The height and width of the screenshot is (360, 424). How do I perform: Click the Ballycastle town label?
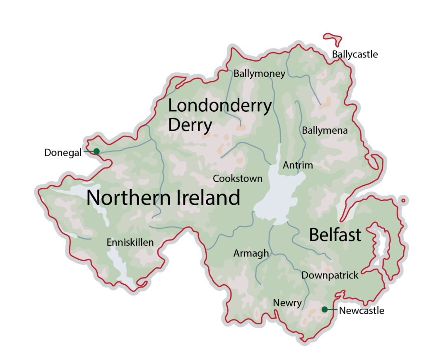(355, 54)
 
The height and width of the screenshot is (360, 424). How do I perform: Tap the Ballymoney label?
(259, 74)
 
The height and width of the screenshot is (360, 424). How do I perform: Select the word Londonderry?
(220, 106)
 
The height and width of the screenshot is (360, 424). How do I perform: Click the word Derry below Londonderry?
(190, 125)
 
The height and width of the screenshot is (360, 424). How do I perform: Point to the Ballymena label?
(325, 131)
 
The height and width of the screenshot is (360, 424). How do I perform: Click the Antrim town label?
(298, 166)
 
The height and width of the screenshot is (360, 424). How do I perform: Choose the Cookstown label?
(238, 179)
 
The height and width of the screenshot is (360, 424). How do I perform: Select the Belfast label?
(335, 235)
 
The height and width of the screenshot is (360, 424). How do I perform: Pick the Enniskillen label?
(130, 242)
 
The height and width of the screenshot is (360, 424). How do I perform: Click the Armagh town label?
(251, 253)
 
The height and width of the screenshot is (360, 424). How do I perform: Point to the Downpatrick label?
(330, 275)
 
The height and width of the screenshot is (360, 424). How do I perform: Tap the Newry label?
(287, 303)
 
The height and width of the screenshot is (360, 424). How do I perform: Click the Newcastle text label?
(361, 310)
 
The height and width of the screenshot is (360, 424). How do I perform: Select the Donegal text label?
(63, 153)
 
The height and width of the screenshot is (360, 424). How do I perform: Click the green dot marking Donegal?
(96, 151)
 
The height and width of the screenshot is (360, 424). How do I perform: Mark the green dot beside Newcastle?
(325, 309)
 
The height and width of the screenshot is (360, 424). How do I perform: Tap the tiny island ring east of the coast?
(403, 201)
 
